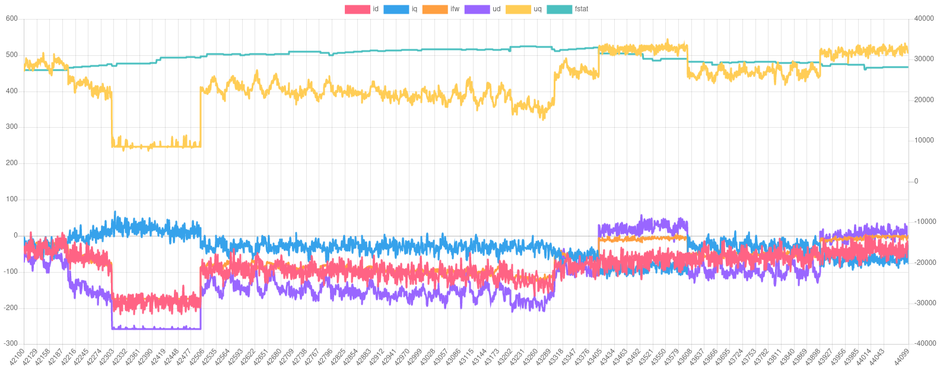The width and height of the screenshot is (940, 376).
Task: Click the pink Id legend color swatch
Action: point(357,10)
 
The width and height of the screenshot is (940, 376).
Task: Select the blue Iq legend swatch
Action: point(396,10)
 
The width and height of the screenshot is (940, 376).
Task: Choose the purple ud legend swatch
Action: point(477,10)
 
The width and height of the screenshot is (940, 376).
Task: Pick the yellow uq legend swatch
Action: point(517,10)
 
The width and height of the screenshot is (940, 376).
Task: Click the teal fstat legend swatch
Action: point(558,10)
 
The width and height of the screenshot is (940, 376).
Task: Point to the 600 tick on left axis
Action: point(12,18)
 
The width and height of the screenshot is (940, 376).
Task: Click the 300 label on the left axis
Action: point(12,127)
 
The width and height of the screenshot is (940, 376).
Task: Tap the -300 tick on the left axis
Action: point(11,343)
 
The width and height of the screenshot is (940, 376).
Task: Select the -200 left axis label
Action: point(11,307)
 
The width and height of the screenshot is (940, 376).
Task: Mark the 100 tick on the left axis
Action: point(12,199)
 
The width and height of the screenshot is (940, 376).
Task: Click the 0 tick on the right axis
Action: point(916,181)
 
